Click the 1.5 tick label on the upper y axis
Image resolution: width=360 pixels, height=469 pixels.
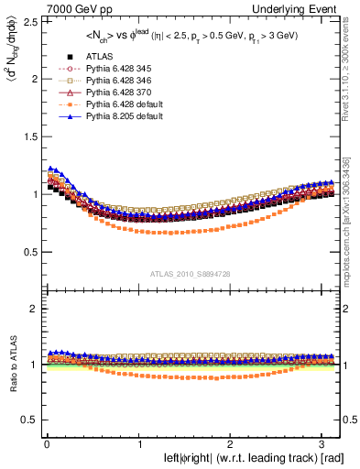click(28, 136)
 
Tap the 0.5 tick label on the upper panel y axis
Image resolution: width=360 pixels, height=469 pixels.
click(28, 252)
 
